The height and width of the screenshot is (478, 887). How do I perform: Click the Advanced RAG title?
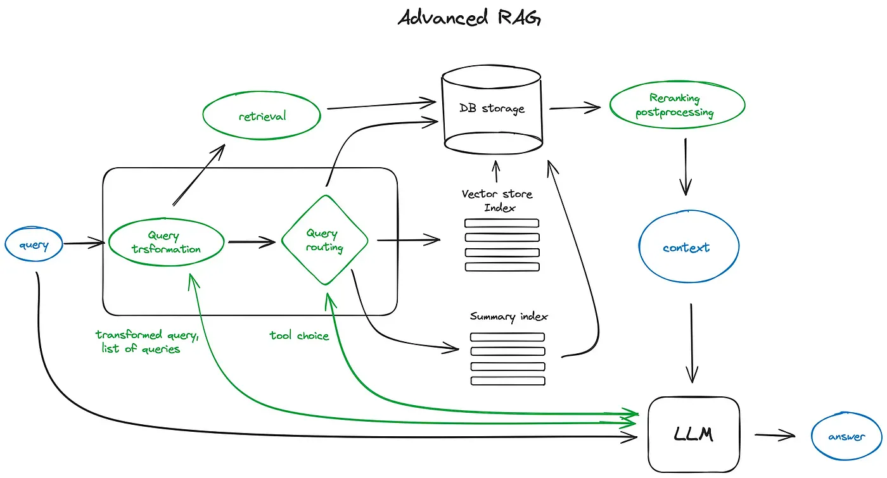[x=469, y=18]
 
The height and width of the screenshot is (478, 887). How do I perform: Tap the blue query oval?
[x=34, y=245]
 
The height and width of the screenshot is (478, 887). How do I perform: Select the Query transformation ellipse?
[x=166, y=242]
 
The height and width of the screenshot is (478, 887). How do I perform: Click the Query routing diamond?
[x=324, y=241]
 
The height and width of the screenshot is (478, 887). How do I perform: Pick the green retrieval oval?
[x=262, y=116]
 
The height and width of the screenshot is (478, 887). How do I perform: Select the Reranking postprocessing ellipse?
[x=677, y=106]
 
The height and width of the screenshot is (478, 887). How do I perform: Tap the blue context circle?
[x=688, y=248]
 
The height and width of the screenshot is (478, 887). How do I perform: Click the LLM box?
[x=693, y=434]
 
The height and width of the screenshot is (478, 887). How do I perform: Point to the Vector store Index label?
[x=498, y=201]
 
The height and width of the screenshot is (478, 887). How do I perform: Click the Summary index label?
[x=509, y=316]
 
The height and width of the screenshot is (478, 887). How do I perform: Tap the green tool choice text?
[x=299, y=336]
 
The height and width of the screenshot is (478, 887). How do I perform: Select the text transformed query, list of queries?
[x=143, y=342]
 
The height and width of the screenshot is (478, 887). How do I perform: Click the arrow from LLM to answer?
[x=774, y=435]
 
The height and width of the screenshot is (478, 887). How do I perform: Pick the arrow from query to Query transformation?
[x=84, y=242]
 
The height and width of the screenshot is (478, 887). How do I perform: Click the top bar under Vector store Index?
[x=502, y=223]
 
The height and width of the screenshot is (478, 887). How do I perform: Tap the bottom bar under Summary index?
[x=508, y=381]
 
